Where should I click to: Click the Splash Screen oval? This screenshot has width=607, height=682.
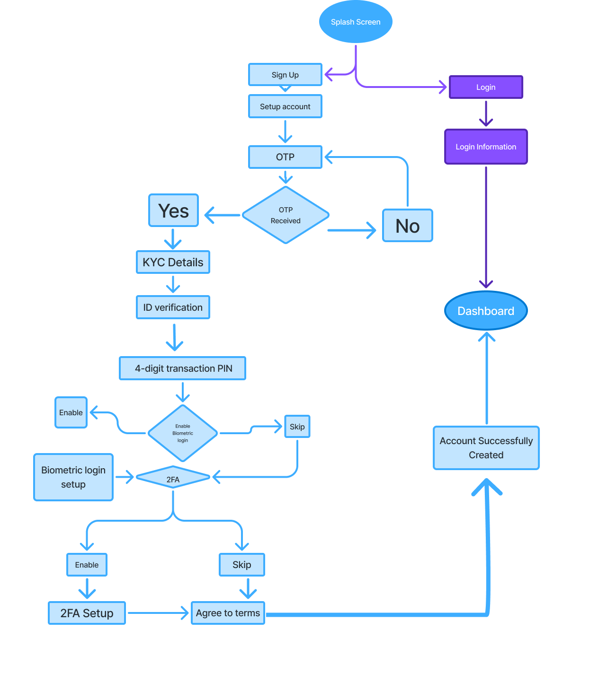click(356, 22)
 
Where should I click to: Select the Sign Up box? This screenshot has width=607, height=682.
click(285, 75)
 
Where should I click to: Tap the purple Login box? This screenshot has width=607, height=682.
click(486, 87)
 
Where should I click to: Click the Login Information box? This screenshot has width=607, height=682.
click(486, 147)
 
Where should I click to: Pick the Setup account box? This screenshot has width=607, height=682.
click(285, 106)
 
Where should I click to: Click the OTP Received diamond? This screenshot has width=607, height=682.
click(286, 215)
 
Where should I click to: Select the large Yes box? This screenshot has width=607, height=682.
click(173, 210)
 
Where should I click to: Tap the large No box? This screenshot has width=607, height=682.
click(407, 226)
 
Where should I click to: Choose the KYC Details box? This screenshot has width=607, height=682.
click(173, 262)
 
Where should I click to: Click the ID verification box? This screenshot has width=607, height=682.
click(173, 307)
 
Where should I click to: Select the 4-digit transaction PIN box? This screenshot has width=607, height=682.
click(183, 368)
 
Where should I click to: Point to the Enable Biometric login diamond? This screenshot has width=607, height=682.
click(183, 433)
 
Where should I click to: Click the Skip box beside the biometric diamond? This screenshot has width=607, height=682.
click(297, 427)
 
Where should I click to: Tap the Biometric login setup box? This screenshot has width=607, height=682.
click(73, 477)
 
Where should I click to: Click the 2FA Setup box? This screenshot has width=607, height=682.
click(87, 613)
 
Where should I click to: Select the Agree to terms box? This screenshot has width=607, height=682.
click(228, 613)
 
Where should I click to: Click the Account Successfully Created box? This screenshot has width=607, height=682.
click(486, 448)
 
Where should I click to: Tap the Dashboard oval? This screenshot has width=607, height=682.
click(486, 311)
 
